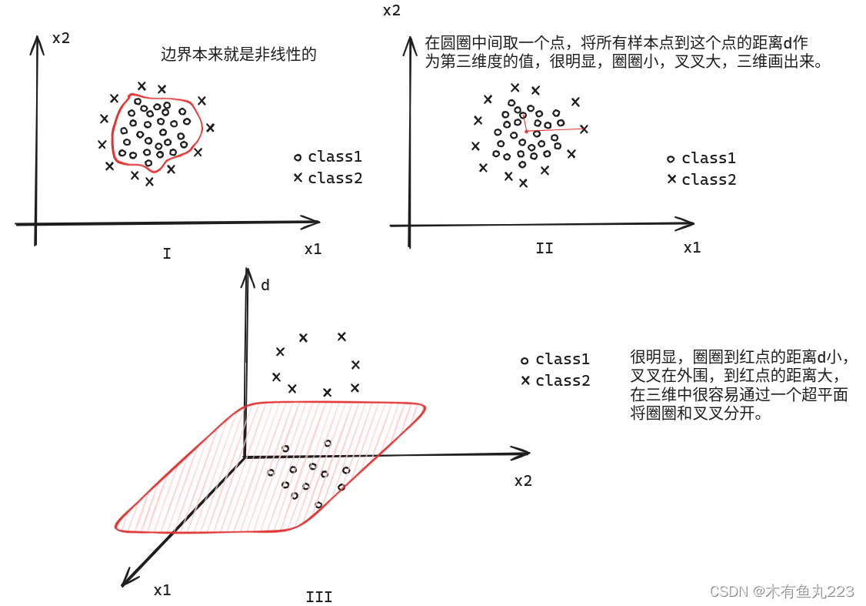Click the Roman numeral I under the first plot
point(167,253)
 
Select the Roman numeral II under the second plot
point(544,248)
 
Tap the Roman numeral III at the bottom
point(319,597)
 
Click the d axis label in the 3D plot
point(265,286)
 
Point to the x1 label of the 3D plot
point(162,590)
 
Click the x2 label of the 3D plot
point(523,480)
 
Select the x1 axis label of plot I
point(313,249)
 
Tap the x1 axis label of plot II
point(692,247)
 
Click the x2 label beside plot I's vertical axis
point(62,37)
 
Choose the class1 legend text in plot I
point(335,156)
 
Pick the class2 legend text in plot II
point(709,179)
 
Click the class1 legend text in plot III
point(563,359)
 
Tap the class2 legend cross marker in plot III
point(525,380)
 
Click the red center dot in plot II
point(526,131)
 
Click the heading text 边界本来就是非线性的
point(238,55)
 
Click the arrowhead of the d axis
point(246,274)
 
